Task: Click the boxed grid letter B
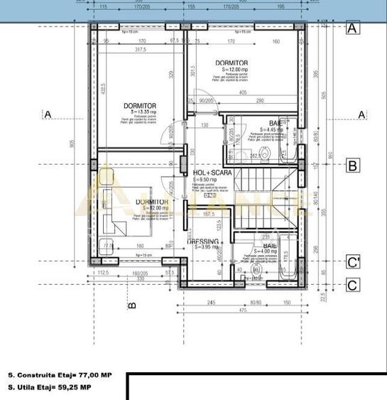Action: coord(352,166)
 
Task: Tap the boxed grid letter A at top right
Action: coord(352,28)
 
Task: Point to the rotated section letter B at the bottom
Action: coord(131,306)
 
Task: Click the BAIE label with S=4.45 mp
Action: coord(273,123)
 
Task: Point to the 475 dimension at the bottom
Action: coord(241,310)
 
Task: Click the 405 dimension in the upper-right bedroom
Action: coord(244,92)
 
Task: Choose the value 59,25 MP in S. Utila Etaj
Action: coord(75,387)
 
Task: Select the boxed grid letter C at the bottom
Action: coord(352,285)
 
